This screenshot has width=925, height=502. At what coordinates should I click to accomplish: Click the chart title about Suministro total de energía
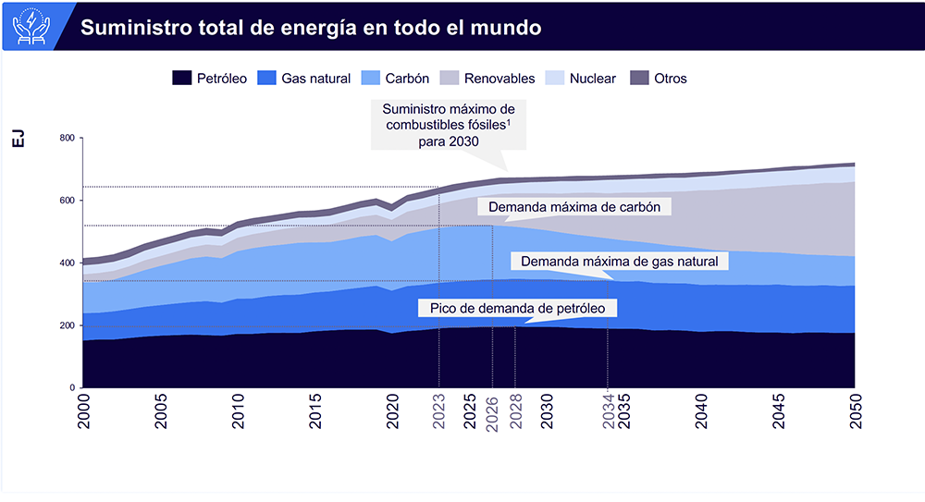pyautogui.click(x=311, y=27)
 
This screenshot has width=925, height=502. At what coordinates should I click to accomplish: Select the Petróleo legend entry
pyautogui.click(x=210, y=79)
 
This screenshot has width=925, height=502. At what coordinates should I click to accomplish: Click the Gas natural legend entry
pyautogui.click(x=304, y=79)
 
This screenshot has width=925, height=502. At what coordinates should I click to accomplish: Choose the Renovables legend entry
pyautogui.click(x=487, y=79)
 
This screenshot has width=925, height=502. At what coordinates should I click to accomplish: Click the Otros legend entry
pyautogui.click(x=659, y=79)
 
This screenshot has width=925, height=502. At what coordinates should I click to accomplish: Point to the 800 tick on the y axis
pyautogui.click(x=66, y=139)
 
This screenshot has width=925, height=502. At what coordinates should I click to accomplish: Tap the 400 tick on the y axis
pyautogui.click(x=66, y=263)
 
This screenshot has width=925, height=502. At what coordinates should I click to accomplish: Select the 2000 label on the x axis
pyautogui.click(x=84, y=411)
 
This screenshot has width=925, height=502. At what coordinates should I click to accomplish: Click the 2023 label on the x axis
pyautogui.click(x=438, y=411)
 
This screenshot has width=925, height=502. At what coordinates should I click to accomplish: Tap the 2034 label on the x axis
pyautogui.click(x=608, y=411)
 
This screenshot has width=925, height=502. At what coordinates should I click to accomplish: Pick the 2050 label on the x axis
pyautogui.click(x=855, y=411)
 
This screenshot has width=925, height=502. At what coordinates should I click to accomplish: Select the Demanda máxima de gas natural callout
pyautogui.click(x=619, y=262)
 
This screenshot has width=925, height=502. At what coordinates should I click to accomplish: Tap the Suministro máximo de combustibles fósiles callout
pyautogui.click(x=449, y=124)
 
